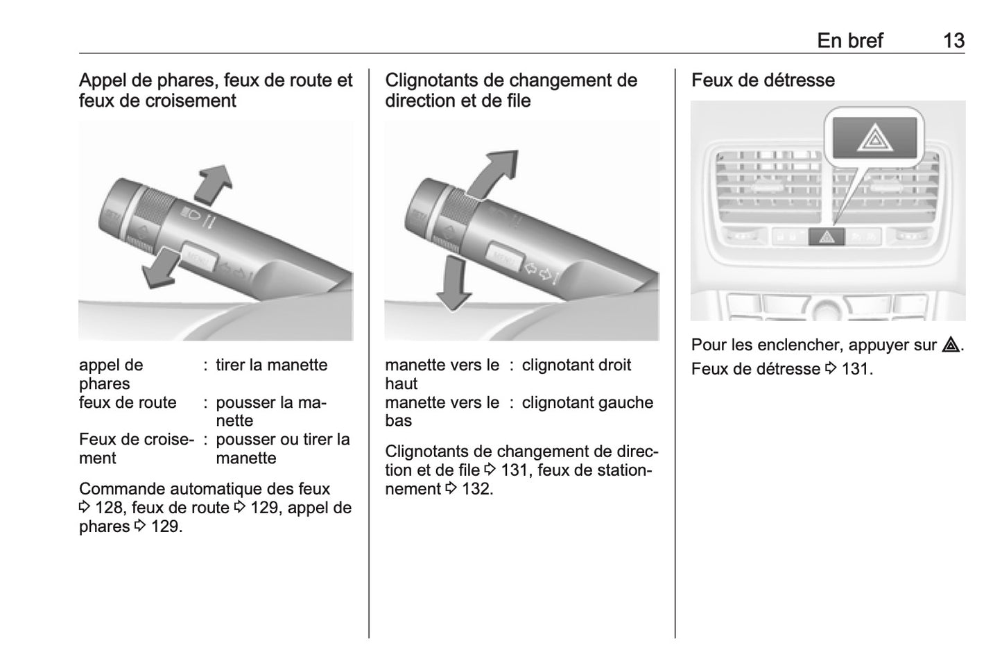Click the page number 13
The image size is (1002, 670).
[x=953, y=40]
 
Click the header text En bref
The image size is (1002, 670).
[x=849, y=40]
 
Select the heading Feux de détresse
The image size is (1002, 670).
[x=763, y=80]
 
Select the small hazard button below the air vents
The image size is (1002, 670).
[x=827, y=237]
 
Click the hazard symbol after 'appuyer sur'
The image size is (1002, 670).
[x=951, y=345]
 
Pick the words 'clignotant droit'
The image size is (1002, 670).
[x=576, y=366]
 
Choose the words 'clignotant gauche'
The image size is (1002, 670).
[x=587, y=403]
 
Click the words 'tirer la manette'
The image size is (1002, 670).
[x=271, y=366]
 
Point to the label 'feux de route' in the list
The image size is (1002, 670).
[x=128, y=403]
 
